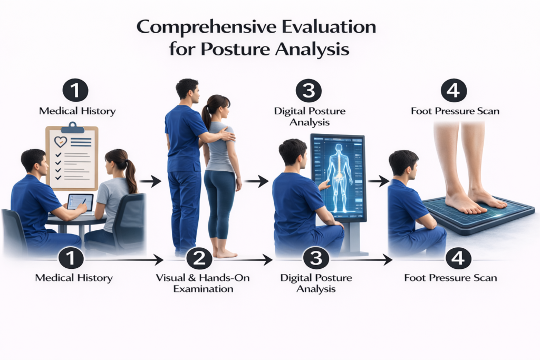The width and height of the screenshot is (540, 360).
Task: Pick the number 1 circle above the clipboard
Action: tap(75, 91)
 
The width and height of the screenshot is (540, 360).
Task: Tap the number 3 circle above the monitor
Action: tap(308, 91)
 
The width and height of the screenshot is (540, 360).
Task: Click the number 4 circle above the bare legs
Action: tap(454, 91)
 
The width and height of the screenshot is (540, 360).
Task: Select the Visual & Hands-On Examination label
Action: tap(203, 283)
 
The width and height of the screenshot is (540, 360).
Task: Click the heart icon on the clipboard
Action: tap(61, 141)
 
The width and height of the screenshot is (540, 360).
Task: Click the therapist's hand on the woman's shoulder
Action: tap(227, 134)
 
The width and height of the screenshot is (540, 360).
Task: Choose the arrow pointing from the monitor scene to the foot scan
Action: tap(379, 180)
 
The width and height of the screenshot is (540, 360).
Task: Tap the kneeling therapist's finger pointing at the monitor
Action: tap(324, 184)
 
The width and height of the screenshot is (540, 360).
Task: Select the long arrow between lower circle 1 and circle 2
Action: tap(123, 260)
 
